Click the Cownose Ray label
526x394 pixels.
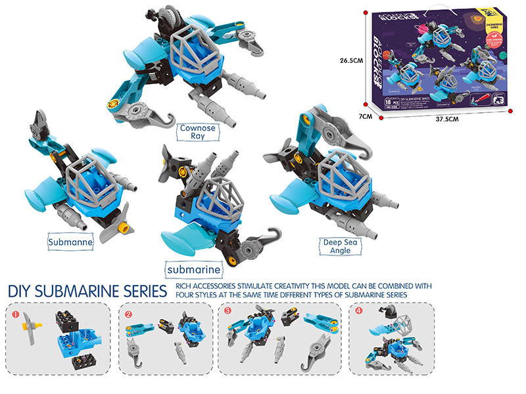[x=197, y=132]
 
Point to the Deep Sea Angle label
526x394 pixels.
[x=340, y=246]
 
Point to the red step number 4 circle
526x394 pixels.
[x=359, y=312]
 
